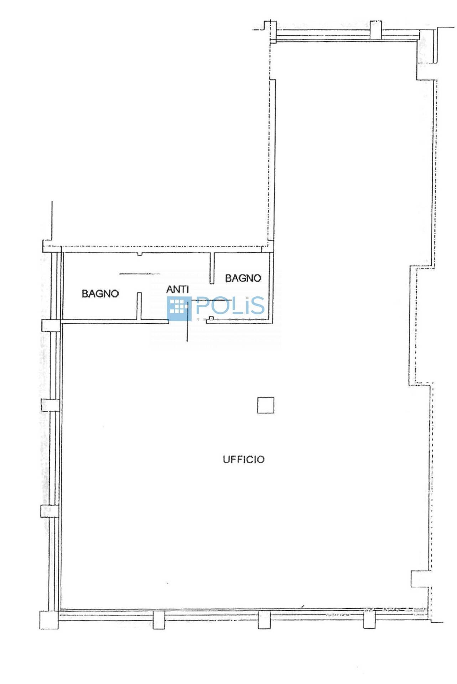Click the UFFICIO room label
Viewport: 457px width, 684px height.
[x=244, y=459]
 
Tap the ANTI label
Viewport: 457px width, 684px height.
[x=177, y=290]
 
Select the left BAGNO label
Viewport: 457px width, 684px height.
[x=100, y=294]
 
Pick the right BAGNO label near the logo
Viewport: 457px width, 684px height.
[x=243, y=278]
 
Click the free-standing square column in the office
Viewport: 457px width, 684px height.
[x=266, y=405]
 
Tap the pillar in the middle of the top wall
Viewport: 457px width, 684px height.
[x=375, y=30]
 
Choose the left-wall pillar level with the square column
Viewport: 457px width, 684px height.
[x=49, y=405]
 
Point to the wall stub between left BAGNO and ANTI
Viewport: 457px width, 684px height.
[x=139, y=306]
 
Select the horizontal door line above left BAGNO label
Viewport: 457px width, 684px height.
[x=140, y=274]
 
